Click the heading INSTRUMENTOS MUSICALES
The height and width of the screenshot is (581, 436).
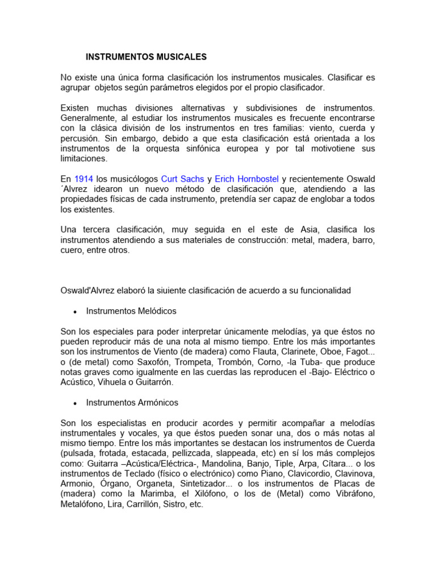(146, 57)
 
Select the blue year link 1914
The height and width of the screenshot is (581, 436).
(84, 179)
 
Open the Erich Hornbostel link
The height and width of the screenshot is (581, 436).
(247, 179)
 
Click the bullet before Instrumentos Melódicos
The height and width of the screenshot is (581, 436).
(76, 311)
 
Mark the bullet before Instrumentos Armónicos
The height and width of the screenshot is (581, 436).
(76, 403)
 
